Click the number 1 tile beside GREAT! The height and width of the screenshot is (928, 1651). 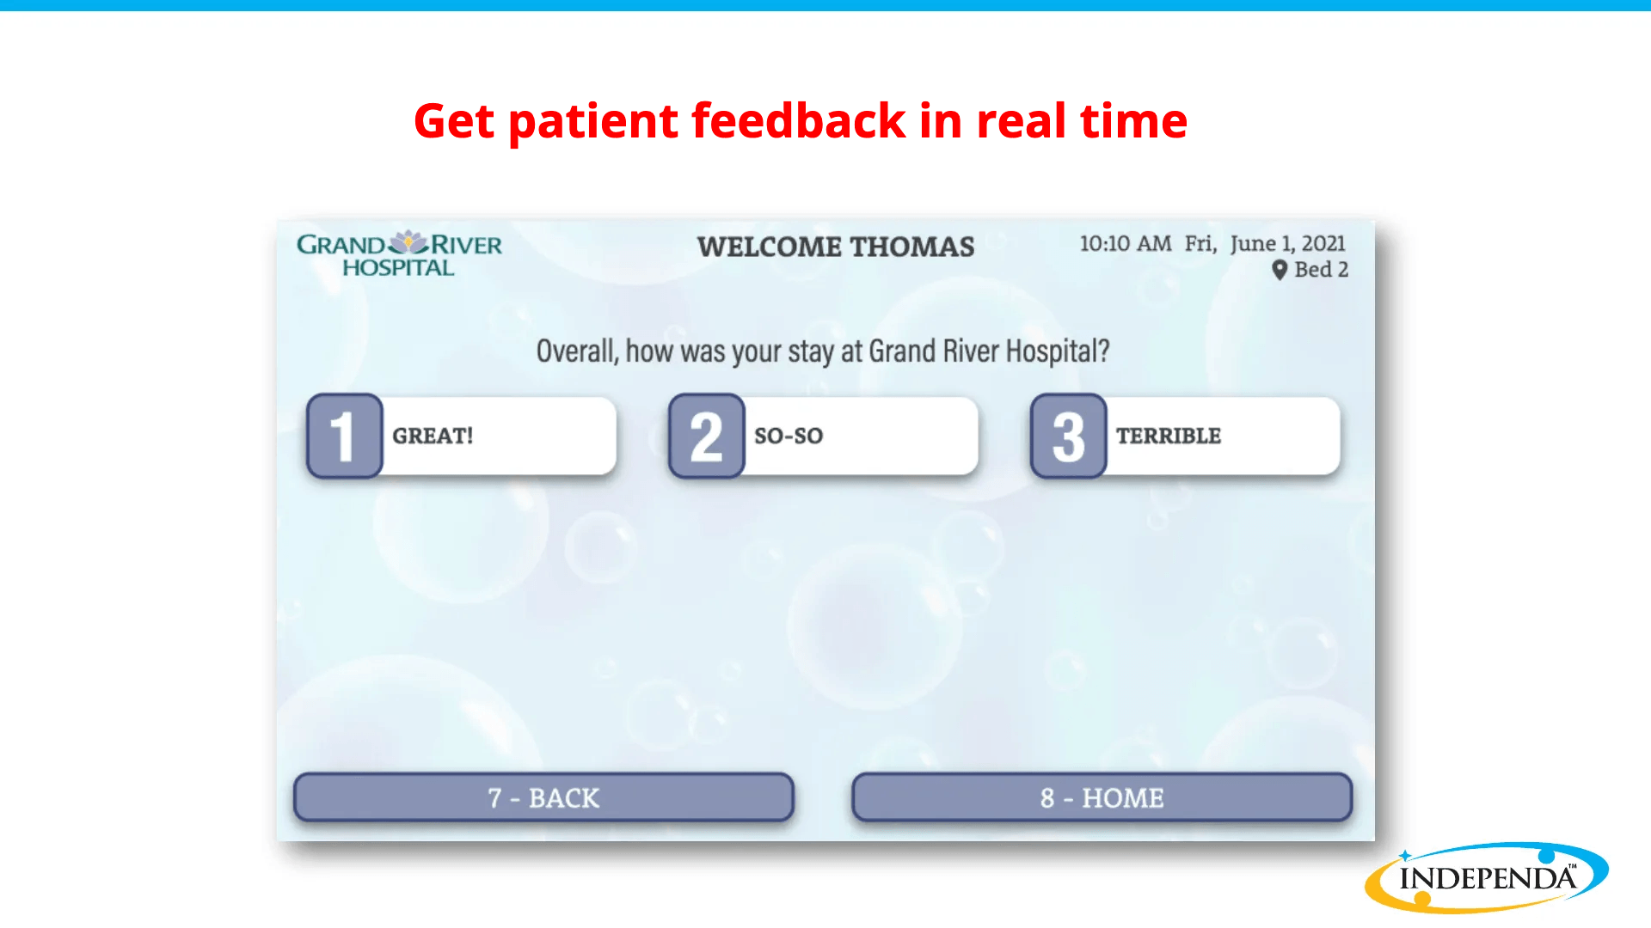[344, 436]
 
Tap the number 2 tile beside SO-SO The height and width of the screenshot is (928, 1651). [706, 436]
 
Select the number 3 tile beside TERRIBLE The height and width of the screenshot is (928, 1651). [1068, 436]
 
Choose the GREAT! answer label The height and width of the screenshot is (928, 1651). [433, 436]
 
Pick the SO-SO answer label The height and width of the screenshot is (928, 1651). [789, 436]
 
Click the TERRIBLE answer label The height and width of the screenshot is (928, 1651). [1169, 436]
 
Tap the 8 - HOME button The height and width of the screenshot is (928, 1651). [1102, 797]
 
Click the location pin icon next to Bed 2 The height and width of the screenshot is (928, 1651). [1280, 270]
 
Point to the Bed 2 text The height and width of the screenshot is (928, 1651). [1322, 269]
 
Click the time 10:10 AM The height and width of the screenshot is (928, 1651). [1126, 244]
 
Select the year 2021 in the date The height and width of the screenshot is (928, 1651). [1323, 244]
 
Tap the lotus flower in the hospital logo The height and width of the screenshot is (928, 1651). [408, 242]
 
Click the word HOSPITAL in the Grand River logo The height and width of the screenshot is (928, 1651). [398, 268]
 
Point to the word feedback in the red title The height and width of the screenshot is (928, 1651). [799, 120]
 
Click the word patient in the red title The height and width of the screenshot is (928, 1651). [593, 122]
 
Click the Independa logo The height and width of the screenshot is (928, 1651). [1486, 877]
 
